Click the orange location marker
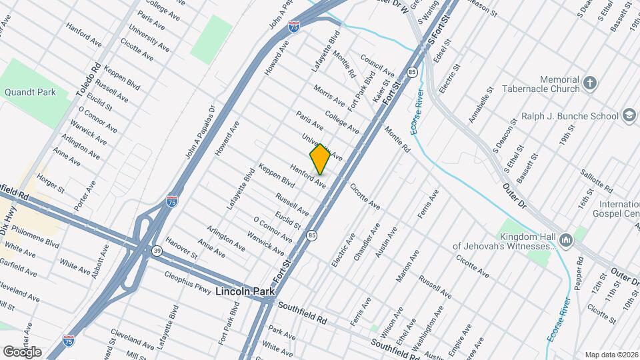[x=320, y=159]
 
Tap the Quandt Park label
[x=30, y=92]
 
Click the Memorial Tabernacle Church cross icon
[x=589, y=83]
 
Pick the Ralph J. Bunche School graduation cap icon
[x=628, y=116]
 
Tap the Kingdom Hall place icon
[x=565, y=239]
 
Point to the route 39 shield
[x=156, y=250]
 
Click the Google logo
[x=22, y=351]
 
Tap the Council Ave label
[x=377, y=65]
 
